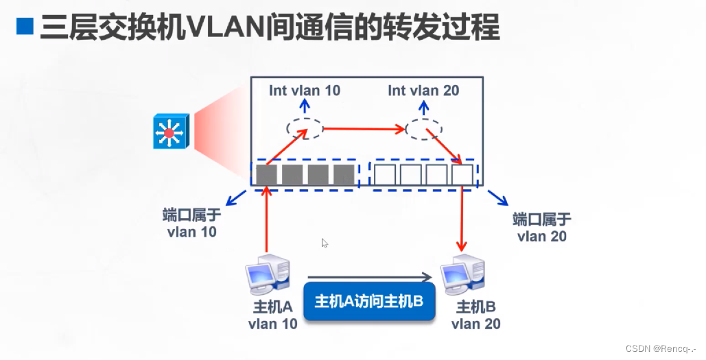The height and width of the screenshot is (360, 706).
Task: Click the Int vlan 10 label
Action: [x=304, y=91]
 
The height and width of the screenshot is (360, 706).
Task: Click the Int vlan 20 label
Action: [x=423, y=91]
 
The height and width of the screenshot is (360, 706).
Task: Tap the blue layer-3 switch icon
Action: [x=169, y=132]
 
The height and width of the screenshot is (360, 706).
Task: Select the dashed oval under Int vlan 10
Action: [x=303, y=129]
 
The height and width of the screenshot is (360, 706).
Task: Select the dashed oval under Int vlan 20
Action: [x=423, y=128]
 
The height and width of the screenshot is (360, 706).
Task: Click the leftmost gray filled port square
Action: [x=266, y=175]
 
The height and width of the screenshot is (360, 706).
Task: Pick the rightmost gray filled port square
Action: [x=343, y=175]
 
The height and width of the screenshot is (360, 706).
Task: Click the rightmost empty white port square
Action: [x=462, y=175]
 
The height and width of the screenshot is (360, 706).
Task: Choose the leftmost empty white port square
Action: [x=384, y=175]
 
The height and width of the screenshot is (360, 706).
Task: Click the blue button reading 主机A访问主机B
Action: [x=369, y=301]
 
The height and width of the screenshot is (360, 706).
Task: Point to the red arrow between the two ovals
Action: [x=364, y=128]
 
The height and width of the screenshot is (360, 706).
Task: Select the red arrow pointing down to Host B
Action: [x=462, y=219]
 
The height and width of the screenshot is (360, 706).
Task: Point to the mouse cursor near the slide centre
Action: [x=324, y=242]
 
